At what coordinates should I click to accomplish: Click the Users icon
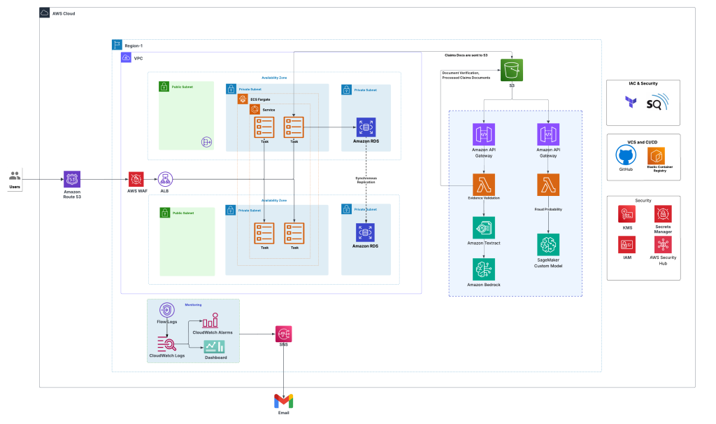coord(15,176)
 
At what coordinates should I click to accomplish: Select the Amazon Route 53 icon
coord(72,179)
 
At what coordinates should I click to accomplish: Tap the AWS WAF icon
coord(136,179)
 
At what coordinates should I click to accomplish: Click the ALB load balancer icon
coord(165,179)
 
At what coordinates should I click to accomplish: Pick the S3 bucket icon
coord(512,70)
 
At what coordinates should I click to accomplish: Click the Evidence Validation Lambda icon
coord(484,185)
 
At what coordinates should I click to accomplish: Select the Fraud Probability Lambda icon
coord(547,185)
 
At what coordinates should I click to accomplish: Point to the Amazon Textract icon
coord(484,227)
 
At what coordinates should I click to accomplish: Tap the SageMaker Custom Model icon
coord(547,245)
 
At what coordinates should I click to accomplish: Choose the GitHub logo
coord(626,155)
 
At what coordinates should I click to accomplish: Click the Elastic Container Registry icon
coord(656,155)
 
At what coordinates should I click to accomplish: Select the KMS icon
coord(627,214)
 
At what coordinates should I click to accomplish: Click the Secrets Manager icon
coord(663,214)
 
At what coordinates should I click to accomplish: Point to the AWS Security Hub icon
coord(663,245)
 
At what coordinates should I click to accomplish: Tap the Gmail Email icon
coord(283,401)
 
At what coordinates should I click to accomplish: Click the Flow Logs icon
coord(167,311)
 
